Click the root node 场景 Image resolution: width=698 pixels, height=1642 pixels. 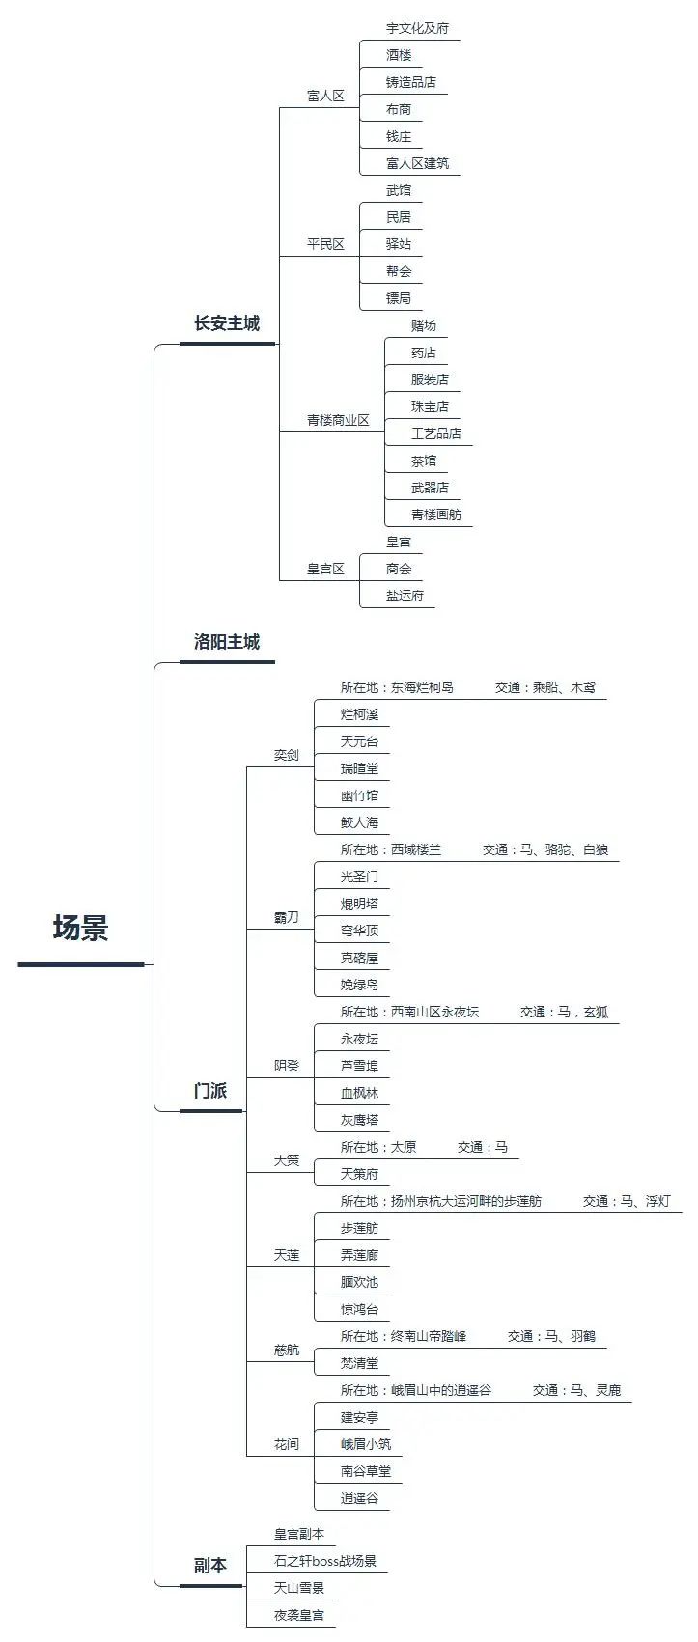[81, 928]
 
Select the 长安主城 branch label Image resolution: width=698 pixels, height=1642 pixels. [227, 323]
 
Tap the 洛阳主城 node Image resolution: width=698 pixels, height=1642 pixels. [227, 642]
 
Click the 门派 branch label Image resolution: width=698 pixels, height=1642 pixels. [210, 1091]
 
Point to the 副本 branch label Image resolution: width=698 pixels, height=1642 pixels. [210, 1566]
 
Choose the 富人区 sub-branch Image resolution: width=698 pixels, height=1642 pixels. [325, 96]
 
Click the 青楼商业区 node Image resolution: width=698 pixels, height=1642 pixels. [338, 420]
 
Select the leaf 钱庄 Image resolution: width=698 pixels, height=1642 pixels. [399, 136]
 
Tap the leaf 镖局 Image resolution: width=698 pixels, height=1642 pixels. [399, 298]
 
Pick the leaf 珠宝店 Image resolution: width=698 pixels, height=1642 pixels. [430, 406]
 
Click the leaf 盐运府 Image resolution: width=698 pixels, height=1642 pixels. [405, 596]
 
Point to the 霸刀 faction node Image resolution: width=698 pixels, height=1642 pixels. [287, 917]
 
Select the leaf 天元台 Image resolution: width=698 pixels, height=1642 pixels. [359, 741]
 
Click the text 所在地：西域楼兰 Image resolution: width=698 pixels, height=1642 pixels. [391, 849]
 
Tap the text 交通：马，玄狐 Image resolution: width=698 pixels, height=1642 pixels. [565, 1013]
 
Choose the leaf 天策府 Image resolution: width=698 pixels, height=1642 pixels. [359, 1175]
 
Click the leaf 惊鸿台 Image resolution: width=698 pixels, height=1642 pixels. [359, 1309]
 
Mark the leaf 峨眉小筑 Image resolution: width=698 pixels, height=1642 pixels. [366, 1444]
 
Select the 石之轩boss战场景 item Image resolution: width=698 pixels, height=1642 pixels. [324, 1561]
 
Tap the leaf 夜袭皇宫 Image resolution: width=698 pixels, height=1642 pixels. [299, 1616]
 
